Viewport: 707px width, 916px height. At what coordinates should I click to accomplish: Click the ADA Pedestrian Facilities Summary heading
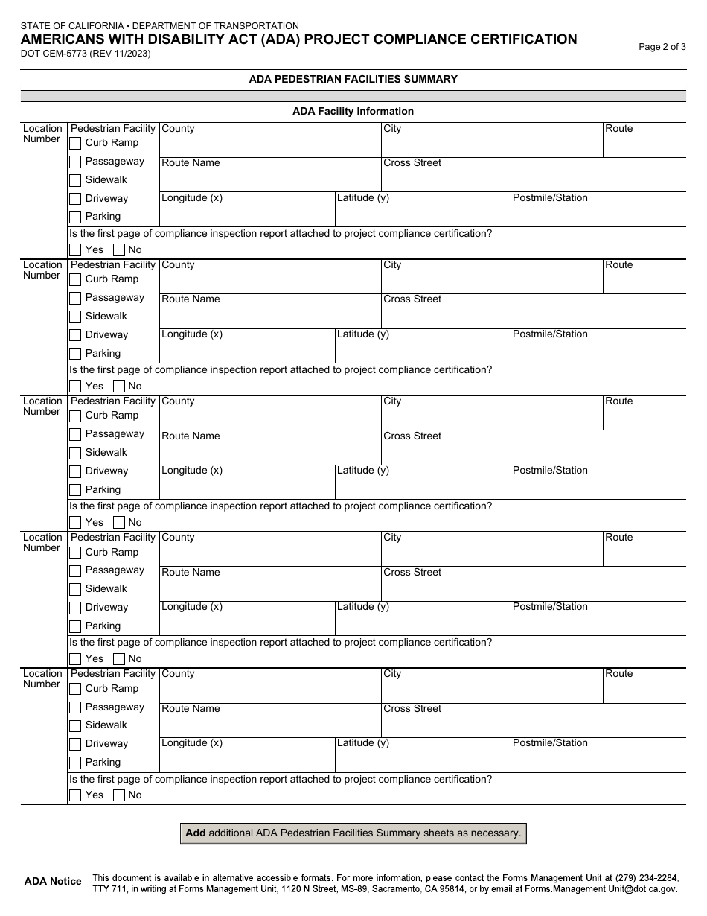(353, 79)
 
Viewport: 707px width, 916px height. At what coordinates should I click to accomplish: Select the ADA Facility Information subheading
(353, 111)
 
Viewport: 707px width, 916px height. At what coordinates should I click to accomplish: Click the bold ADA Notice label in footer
(53, 881)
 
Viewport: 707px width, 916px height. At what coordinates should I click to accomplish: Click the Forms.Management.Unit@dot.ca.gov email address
(601, 888)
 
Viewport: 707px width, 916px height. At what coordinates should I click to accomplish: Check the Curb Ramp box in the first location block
(75, 143)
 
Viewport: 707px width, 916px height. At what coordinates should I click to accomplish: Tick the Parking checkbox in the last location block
(75, 763)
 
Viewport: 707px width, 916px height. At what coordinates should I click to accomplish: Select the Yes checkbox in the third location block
(75, 522)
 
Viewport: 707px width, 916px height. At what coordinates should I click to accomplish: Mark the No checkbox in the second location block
(119, 386)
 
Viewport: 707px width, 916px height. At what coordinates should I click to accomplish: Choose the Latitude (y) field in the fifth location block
(422, 760)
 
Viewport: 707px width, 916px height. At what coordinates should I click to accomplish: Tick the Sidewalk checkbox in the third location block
(75, 453)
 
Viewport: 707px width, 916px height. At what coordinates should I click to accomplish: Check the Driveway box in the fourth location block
(75, 608)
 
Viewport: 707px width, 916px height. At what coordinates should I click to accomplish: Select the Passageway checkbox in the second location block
(75, 298)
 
